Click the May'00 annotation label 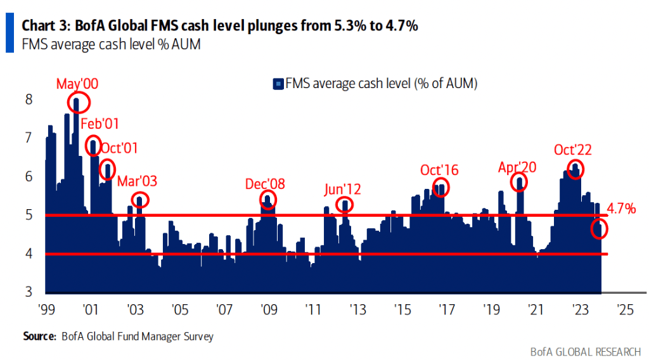click(x=77, y=83)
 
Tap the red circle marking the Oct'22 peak click(x=575, y=169)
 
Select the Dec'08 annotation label click(x=265, y=184)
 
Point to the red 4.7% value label click(x=621, y=209)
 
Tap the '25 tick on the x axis click(x=624, y=311)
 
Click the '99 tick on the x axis click(x=46, y=311)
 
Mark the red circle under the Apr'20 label click(x=520, y=183)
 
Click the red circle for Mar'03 click(x=140, y=200)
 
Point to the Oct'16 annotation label click(x=439, y=170)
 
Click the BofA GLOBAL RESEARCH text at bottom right click(x=586, y=350)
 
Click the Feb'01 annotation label click(x=97, y=124)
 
